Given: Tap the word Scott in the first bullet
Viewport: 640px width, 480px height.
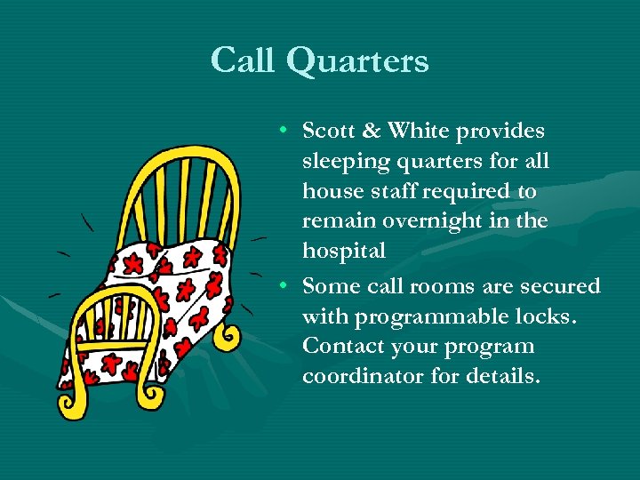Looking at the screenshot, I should (328, 132).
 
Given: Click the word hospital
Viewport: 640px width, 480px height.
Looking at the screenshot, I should (344, 252).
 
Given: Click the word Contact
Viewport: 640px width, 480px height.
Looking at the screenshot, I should (340, 346).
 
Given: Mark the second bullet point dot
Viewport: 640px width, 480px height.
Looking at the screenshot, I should (280, 286).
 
